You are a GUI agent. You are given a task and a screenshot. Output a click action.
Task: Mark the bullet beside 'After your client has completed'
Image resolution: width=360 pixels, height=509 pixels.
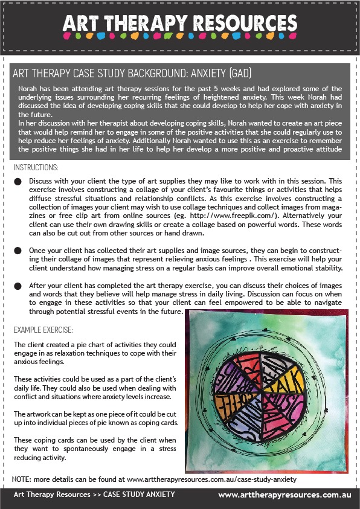pos(18,285)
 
